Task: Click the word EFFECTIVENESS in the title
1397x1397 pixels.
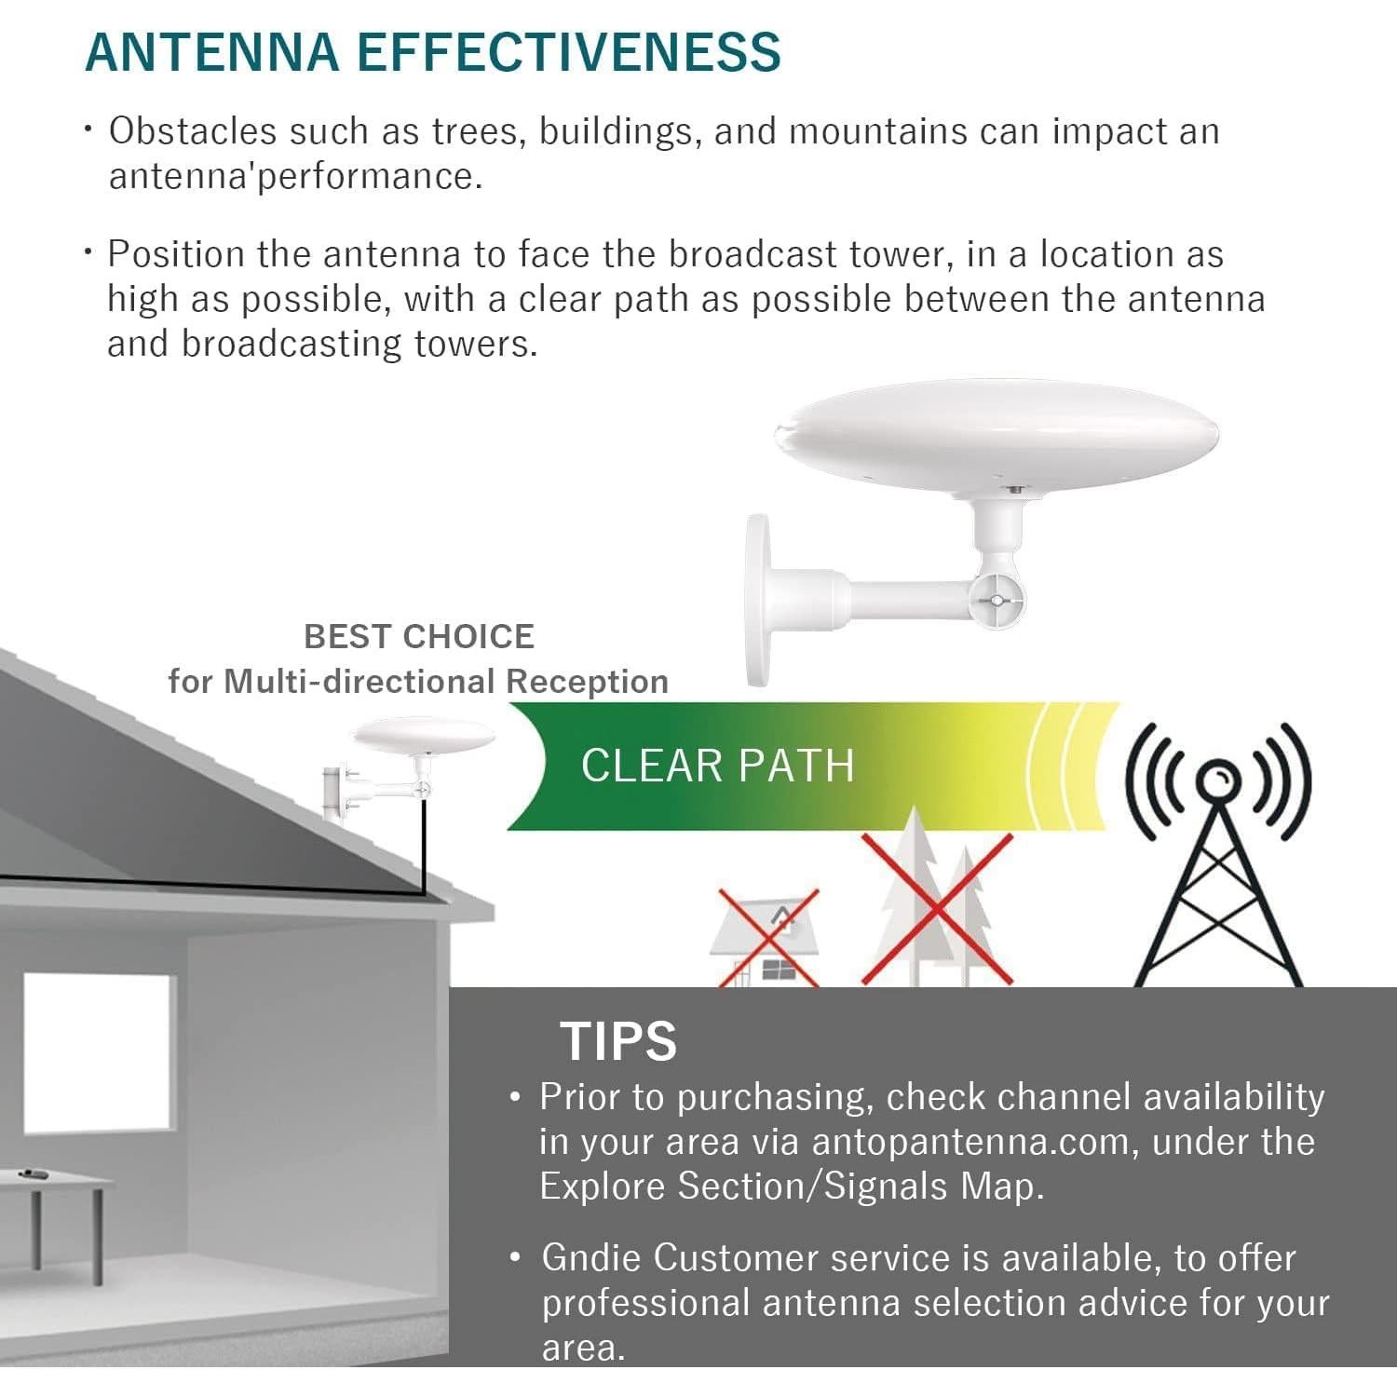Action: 569,52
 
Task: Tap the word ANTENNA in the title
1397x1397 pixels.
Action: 212,52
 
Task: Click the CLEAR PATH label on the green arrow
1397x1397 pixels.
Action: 717,766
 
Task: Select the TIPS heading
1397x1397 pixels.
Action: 618,1040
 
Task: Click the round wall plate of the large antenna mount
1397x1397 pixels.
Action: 757,601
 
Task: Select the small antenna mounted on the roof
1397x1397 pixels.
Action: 414,759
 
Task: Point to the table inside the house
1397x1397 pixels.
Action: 56,1211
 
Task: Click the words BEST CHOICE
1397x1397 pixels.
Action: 419,637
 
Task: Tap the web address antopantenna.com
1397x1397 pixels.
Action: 970,1143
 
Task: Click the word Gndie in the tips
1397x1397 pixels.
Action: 590,1258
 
